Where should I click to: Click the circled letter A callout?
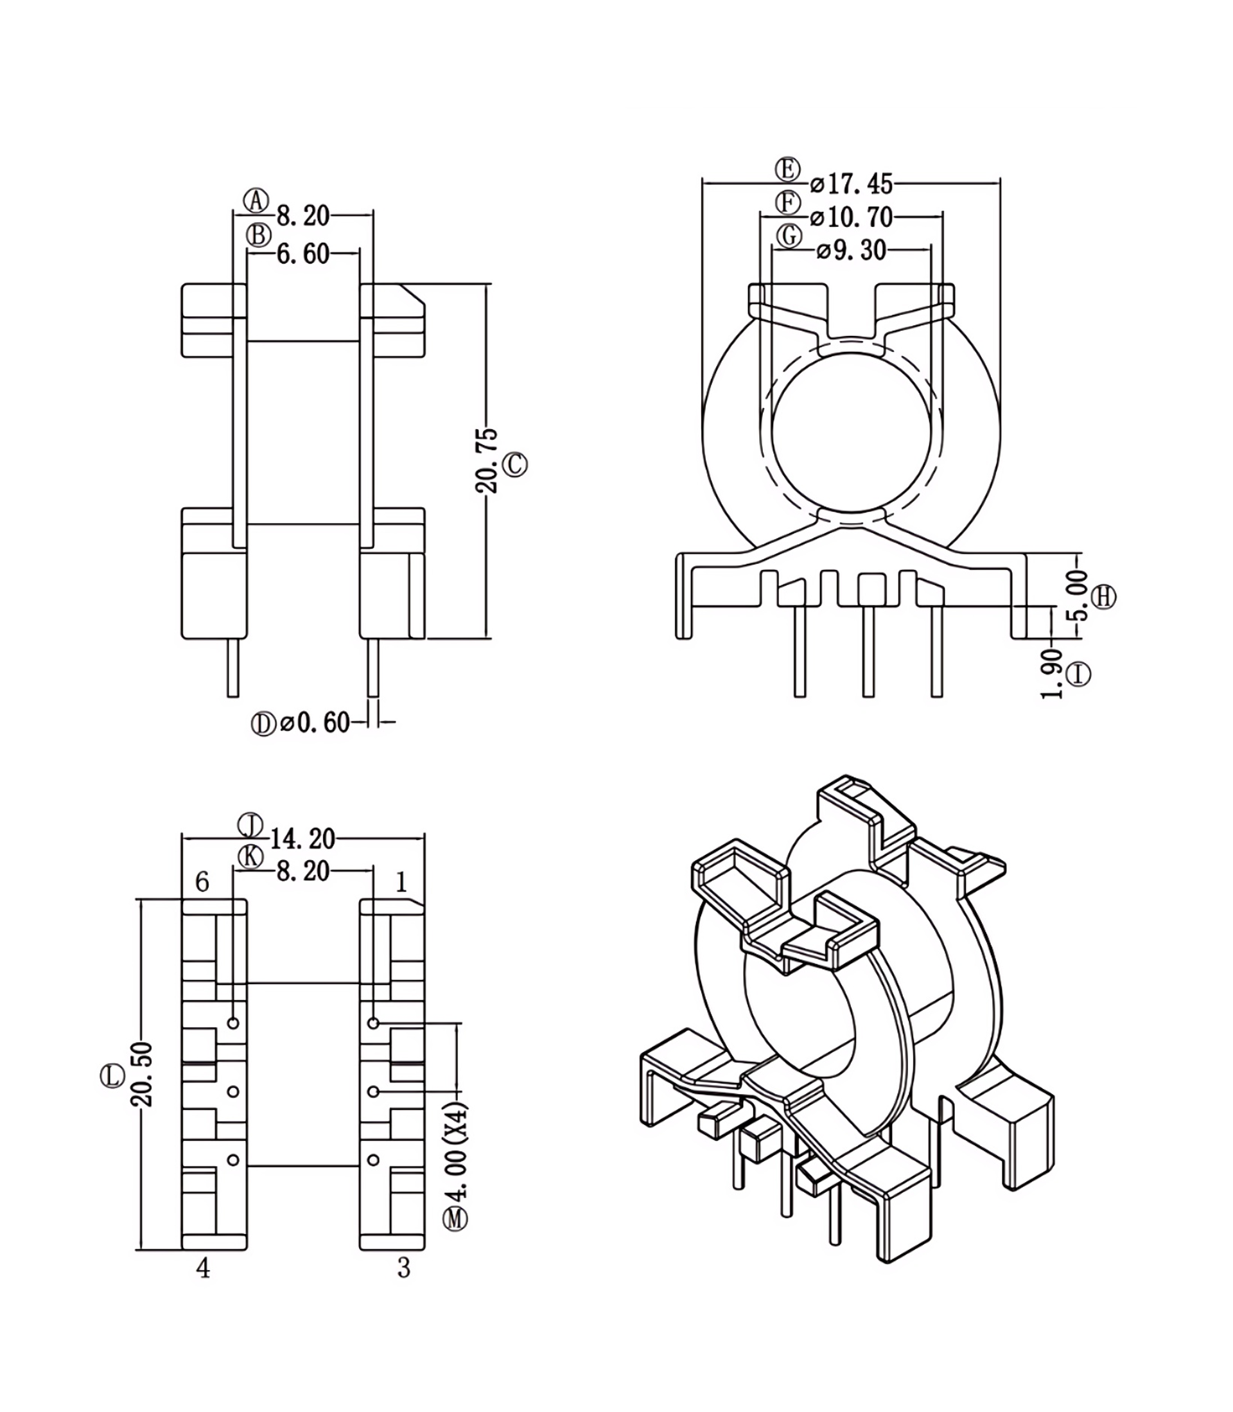pos(257,201)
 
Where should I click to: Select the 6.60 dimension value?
pos(302,254)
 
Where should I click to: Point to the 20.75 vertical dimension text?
pos(487,461)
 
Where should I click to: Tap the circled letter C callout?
pos(516,465)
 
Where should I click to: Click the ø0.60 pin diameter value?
pos(315,723)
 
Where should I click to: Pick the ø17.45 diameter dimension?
pos(851,184)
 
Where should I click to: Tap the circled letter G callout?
pos(789,235)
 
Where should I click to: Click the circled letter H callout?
pos(1105,597)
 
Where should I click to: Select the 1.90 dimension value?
pos(1051,673)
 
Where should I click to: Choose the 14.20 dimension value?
pos(302,839)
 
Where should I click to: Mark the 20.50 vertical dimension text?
pos(143,1074)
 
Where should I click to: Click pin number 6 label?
pos(202,882)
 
